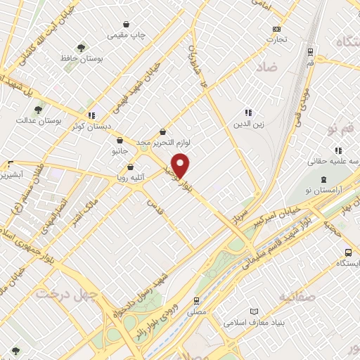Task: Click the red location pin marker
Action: pyautogui.click(x=181, y=166)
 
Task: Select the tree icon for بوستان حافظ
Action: pyautogui.click(x=82, y=48)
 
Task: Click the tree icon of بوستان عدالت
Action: pyautogui.click(x=39, y=110)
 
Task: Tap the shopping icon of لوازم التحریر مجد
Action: pyautogui.click(x=163, y=131)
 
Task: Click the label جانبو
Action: pyautogui.click(x=120, y=151)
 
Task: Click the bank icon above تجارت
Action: pyautogui.click(x=276, y=29)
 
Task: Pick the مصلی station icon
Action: pyautogui.click(x=196, y=300)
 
